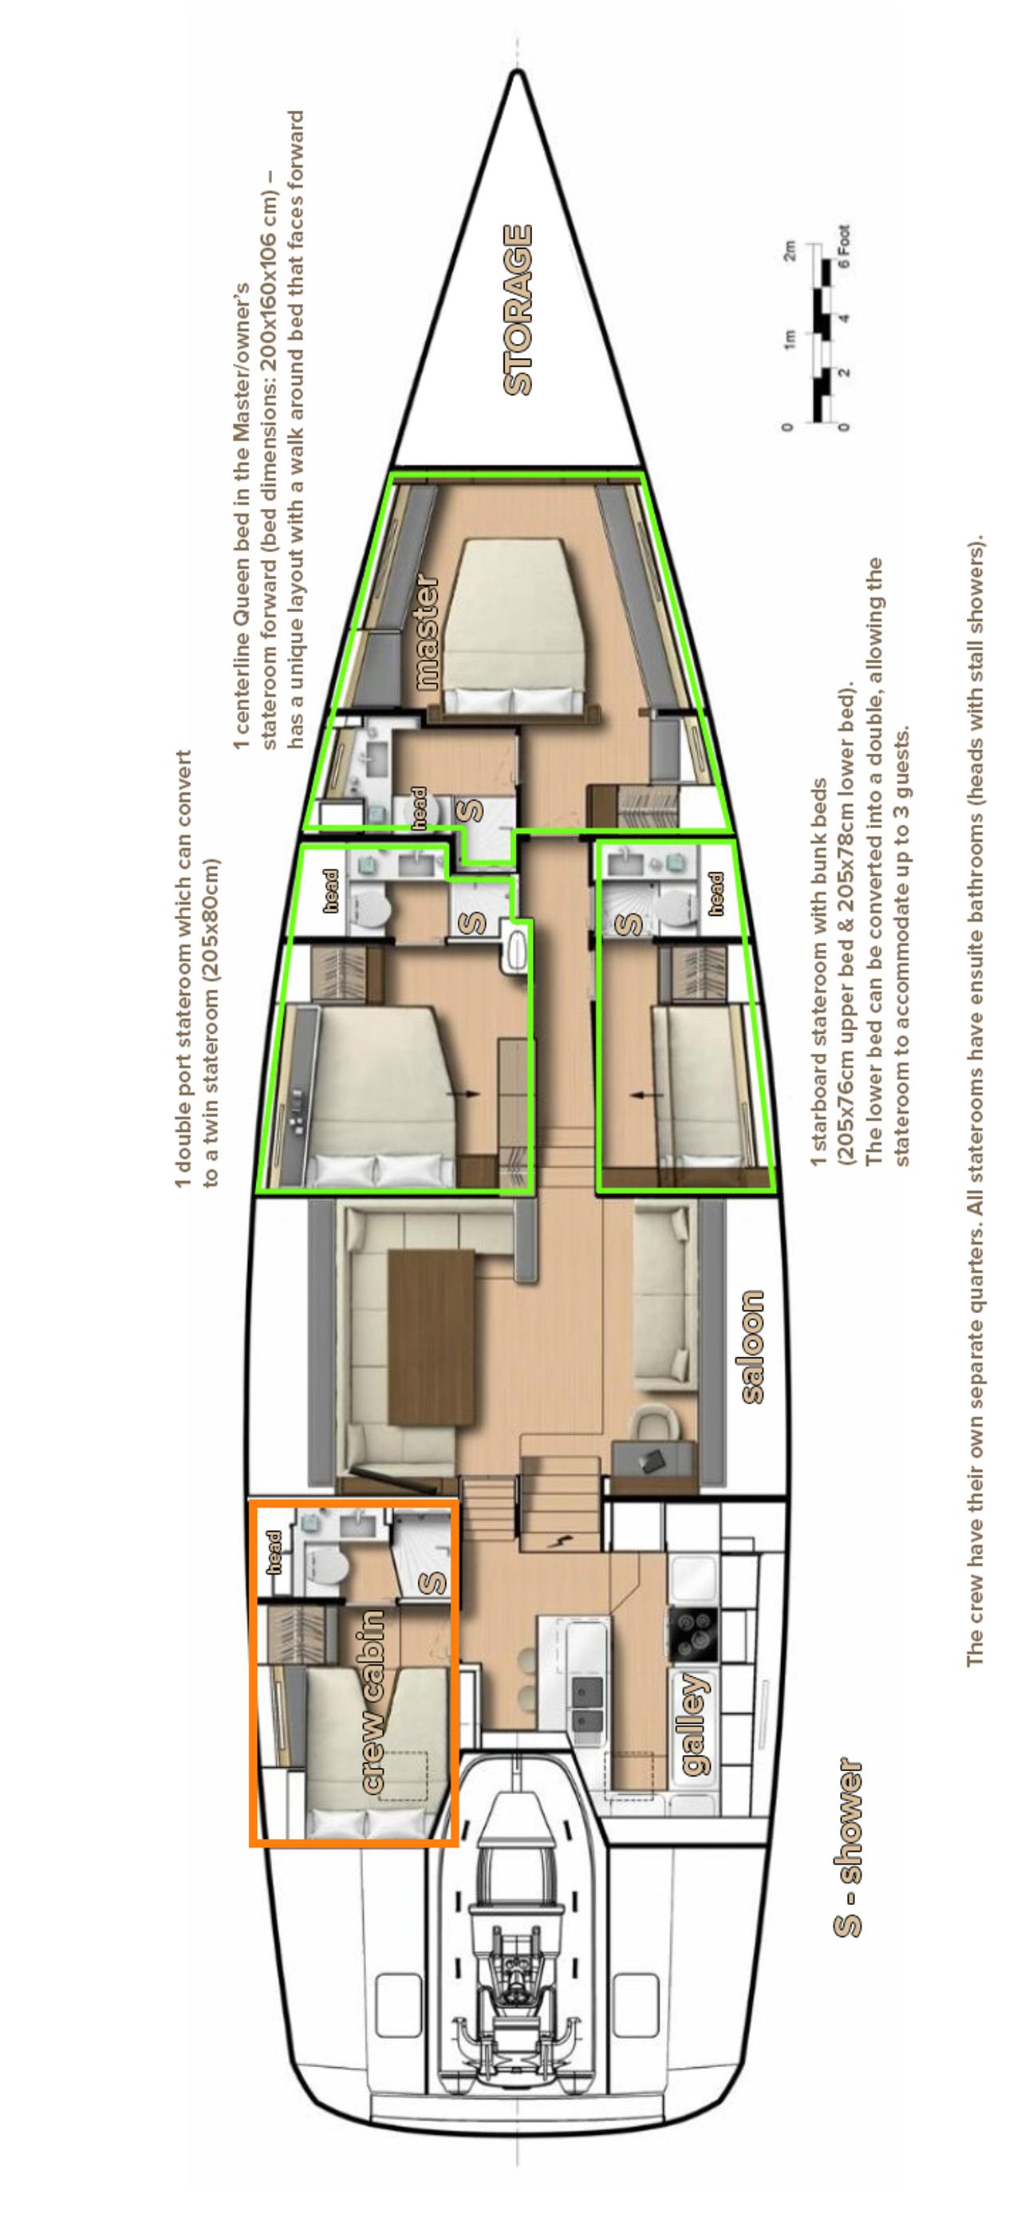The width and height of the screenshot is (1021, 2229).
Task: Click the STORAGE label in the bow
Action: tap(518, 310)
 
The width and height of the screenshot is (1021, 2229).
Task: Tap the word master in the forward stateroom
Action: tap(427, 632)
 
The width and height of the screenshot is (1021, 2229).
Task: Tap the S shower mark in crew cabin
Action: tap(432, 1583)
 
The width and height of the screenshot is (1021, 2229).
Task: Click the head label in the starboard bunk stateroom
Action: tap(715, 893)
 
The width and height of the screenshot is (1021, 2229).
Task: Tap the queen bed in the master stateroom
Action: tap(511, 625)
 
